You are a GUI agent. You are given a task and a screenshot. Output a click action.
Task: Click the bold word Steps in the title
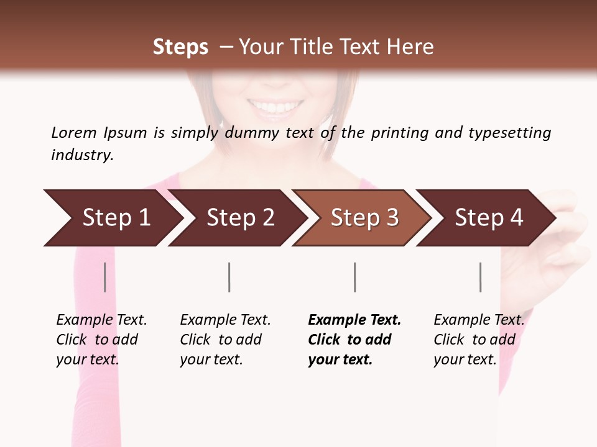(180, 47)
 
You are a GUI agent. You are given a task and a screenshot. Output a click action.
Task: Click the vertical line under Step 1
(105, 277)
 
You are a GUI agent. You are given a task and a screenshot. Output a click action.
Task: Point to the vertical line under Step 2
(229, 277)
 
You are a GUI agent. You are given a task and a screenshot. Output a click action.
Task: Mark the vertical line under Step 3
(354, 277)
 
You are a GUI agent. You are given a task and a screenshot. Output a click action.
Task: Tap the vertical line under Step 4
(480, 277)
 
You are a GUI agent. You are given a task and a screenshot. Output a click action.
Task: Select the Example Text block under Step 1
(101, 340)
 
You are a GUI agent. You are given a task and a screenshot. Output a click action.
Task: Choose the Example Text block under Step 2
(225, 340)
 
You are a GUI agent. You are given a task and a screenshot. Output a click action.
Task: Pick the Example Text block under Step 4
(479, 340)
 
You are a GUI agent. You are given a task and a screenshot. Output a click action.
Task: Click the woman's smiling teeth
(275, 107)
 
